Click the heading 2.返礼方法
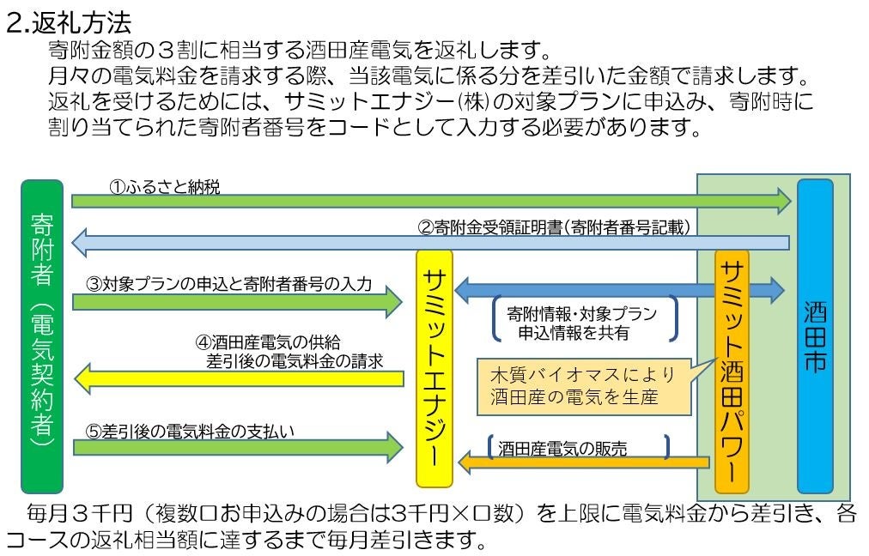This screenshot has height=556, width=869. tap(69, 21)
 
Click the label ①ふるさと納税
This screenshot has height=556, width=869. tap(164, 186)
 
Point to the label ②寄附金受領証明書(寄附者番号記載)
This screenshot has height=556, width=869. tap(555, 227)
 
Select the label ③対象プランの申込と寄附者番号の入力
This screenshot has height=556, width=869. tap(228, 283)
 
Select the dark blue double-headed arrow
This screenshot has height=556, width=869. tap(618, 288)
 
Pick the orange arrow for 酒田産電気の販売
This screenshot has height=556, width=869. tap(584, 463)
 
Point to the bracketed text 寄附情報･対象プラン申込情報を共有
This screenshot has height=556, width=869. tap(583, 323)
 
